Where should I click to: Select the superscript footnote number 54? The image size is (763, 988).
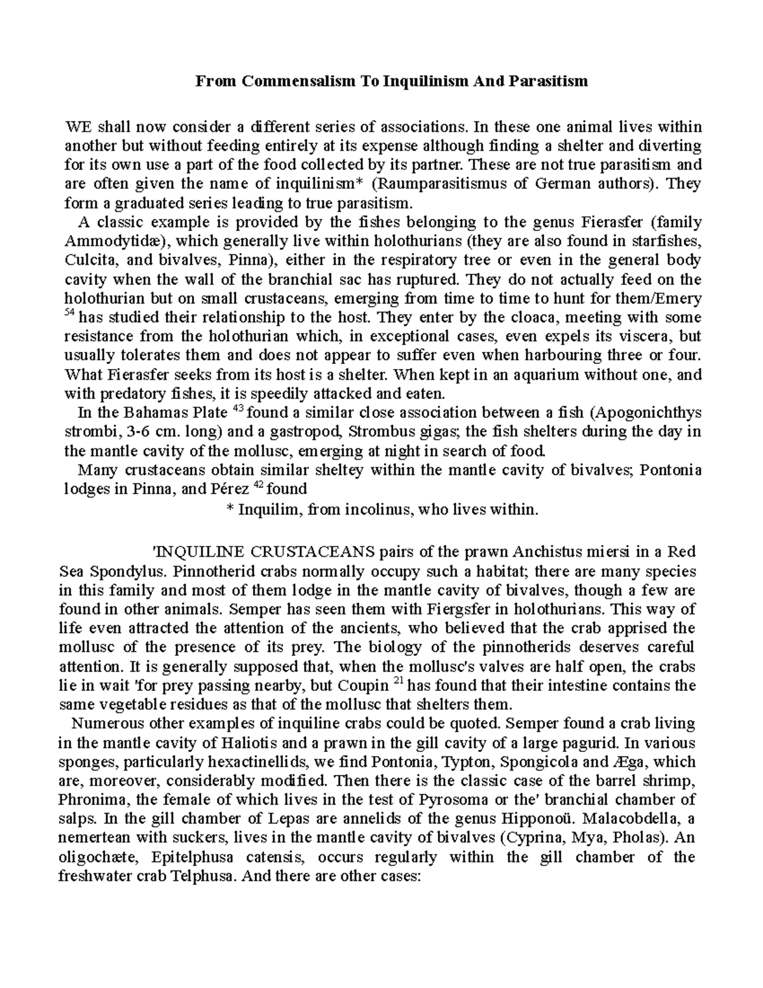(x=70, y=314)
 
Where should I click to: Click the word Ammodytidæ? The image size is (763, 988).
(x=114, y=241)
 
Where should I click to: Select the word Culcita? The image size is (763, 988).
(x=88, y=260)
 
